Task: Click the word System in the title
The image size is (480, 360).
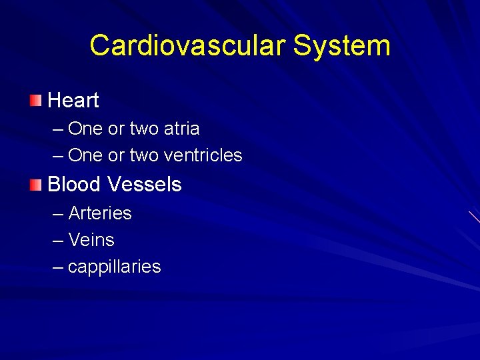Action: coord(341,45)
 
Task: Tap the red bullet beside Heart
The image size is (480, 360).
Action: coord(35,101)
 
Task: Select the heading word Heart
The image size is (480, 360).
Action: coord(73,101)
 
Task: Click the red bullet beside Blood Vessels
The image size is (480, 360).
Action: coord(35,185)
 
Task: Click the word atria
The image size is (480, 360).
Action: coord(182,128)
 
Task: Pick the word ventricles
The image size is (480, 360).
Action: coord(203,155)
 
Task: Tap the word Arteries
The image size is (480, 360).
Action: coord(100,213)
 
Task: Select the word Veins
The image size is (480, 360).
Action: coord(91,240)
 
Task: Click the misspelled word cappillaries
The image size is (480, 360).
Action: coord(114,267)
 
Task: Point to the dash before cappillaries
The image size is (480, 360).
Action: coord(57,267)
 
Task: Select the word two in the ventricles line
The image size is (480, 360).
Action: coord(144,155)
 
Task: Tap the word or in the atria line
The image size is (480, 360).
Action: coord(116,129)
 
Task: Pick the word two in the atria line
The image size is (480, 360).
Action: coord(144,128)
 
